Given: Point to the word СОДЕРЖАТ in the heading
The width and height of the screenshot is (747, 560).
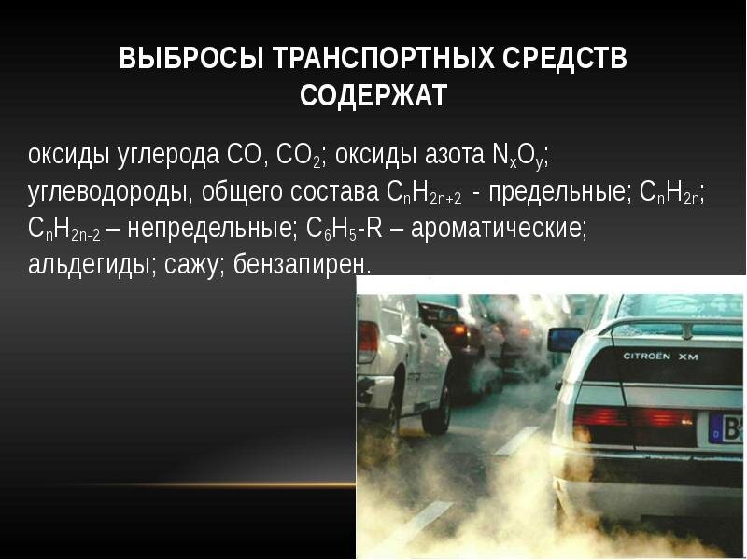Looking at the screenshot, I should [x=373, y=95].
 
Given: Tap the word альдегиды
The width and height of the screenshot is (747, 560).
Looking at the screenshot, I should [x=84, y=265].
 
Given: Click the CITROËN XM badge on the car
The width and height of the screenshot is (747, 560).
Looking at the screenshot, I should [x=660, y=356].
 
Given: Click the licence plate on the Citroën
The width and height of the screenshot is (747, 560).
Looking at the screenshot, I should [x=727, y=429].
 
